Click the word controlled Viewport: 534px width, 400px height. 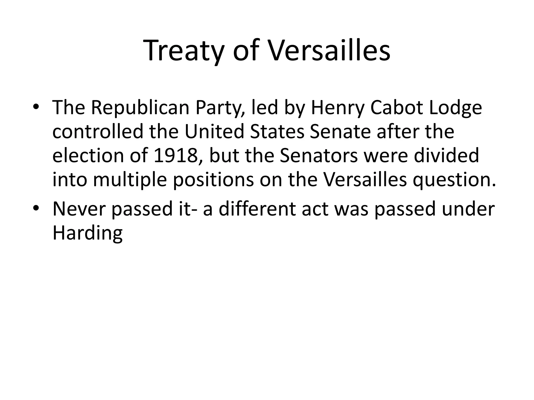coord(98,132)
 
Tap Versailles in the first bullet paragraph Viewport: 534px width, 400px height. coord(365,180)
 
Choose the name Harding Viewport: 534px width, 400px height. coord(87,233)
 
